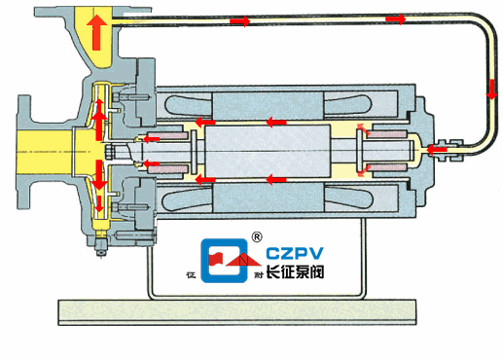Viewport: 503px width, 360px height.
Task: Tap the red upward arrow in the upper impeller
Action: tap(99, 124)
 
